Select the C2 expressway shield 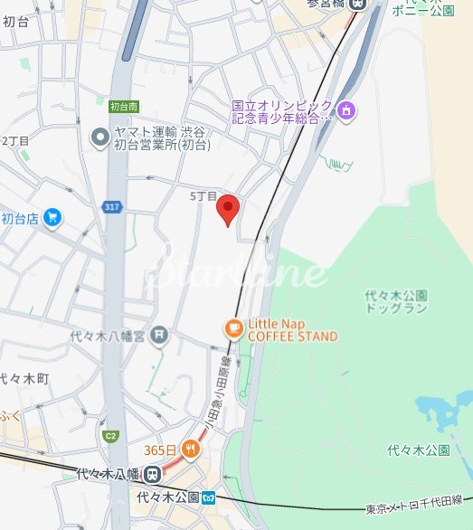tap(110, 436)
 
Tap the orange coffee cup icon tap(232, 329)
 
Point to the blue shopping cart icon tap(52, 217)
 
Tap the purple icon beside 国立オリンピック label tap(345, 111)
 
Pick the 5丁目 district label tap(203, 196)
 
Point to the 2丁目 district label tap(15, 141)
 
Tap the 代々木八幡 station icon tap(153, 473)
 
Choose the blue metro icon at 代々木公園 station tap(209, 497)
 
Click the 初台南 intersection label tap(123, 106)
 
